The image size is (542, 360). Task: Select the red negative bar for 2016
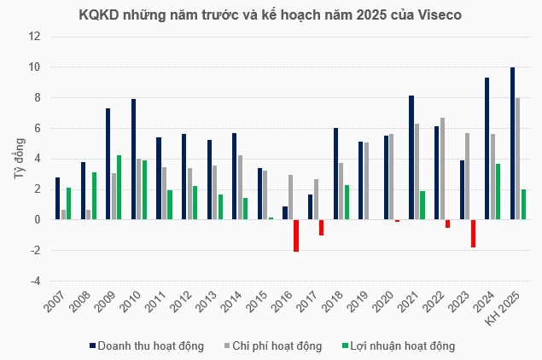(296, 235)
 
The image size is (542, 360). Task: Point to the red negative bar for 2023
(473, 234)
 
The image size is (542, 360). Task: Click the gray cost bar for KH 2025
(517, 159)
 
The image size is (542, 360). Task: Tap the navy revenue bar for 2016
(284, 213)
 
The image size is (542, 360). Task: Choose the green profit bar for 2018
(347, 202)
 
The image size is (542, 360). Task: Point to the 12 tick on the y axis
(35, 37)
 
